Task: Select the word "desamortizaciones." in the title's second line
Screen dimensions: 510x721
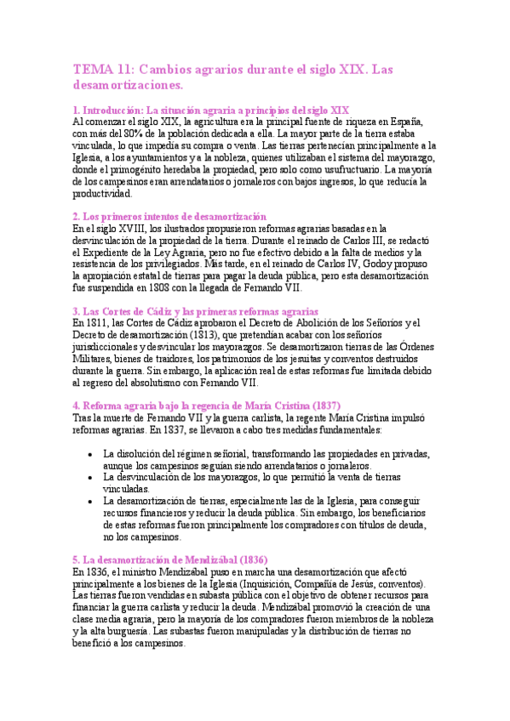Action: pyautogui.click(x=128, y=86)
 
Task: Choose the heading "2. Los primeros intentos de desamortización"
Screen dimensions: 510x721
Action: pyautogui.click(x=169, y=217)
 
